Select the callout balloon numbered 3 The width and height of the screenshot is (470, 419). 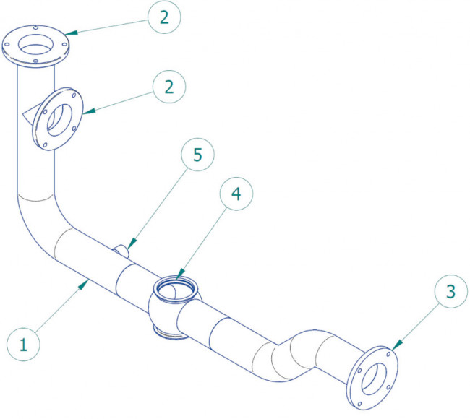[450, 293]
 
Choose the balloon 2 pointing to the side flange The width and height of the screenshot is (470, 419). [168, 87]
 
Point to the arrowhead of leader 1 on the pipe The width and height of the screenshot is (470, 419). [87, 284]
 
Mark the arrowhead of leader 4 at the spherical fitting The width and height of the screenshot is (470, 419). [177, 278]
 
